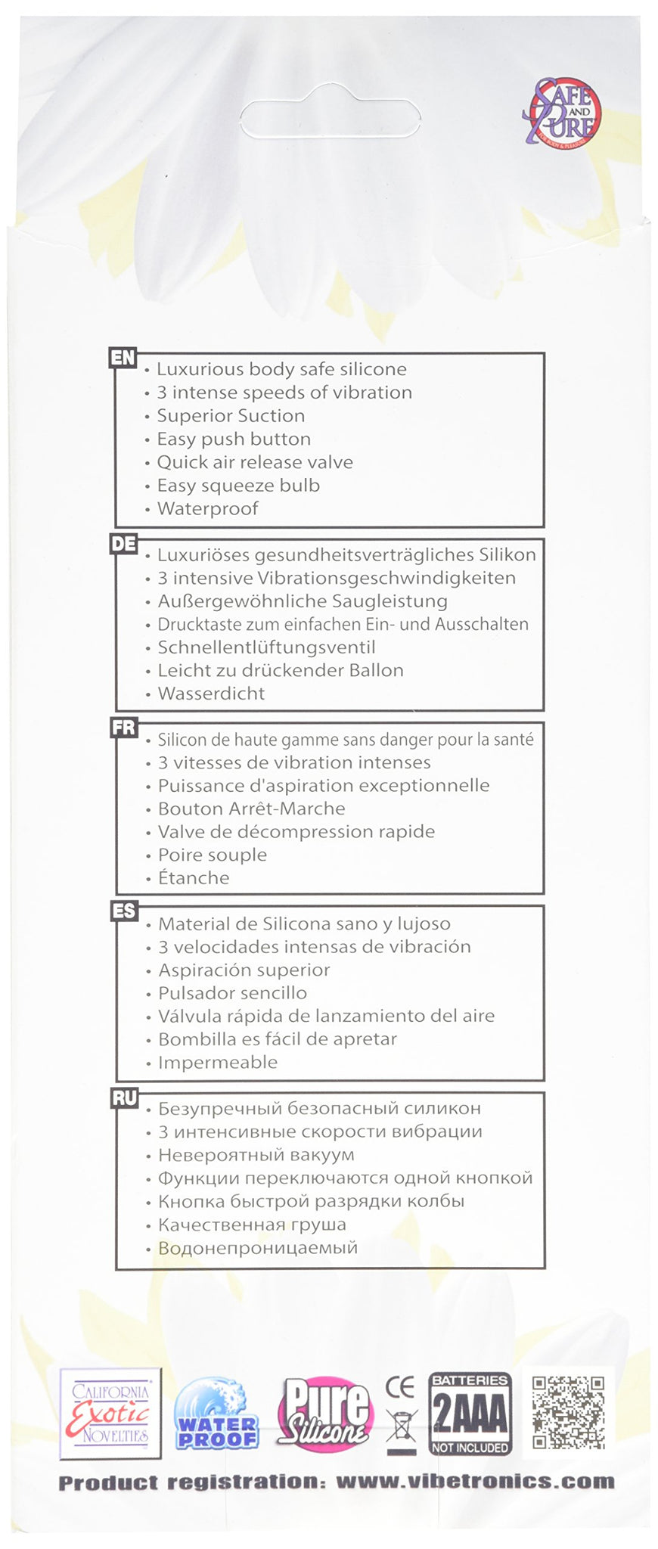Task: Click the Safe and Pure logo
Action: [x=563, y=114]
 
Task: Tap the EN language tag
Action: [x=123, y=358]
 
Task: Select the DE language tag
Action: [x=123, y=543]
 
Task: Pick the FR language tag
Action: [x=123, y=728]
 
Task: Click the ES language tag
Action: [x=123, y=911]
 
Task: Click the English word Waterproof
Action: [x=207, y=508]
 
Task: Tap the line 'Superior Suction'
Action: [x=231, y=415]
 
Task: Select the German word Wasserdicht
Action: [x=211, y=693]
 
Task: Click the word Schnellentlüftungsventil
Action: [x=266, y=647]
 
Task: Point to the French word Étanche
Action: [x=194, y=877]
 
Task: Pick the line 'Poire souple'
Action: [x=213, y=855]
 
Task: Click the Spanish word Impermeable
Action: [x=218, y=1062]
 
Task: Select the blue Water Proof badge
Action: [x=216, y=1413]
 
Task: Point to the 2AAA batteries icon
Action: [x=470, y=1414]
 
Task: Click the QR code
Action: [x=569, y=1411]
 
